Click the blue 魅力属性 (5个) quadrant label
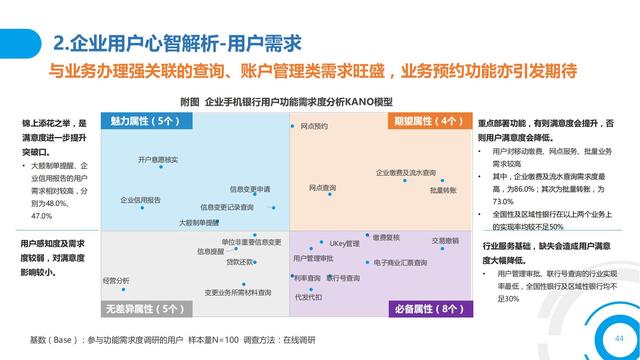point(144,121)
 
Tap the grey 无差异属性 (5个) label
point(144,309)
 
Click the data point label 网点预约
point(314,127)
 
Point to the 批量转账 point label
point(443,190)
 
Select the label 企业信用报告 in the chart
point(141,200)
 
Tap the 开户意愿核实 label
point(158,160)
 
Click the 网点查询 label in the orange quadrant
point(322,187)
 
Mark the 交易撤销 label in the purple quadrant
point(445,241)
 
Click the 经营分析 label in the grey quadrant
point(116,281)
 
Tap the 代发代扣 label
point(308,297)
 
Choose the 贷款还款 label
point(239,262)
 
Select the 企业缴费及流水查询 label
point(405,173)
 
